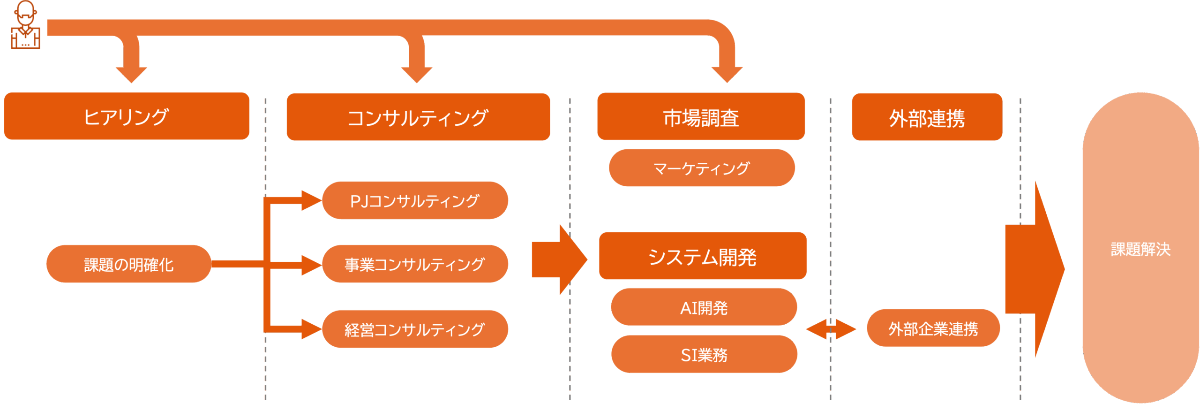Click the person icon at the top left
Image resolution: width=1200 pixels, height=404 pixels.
coord(25,25)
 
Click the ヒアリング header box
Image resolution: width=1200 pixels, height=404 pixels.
coord(127,116)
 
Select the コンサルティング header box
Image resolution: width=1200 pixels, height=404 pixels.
coord(418,117)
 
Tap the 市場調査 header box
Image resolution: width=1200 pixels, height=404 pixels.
coord(701,117)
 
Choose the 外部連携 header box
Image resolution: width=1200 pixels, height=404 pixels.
coord(927,117)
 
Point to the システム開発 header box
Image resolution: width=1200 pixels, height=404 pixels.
coord(702,256)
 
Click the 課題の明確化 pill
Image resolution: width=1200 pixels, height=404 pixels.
coord(128,264)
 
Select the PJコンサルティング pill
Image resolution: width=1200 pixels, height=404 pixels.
coord(415,201)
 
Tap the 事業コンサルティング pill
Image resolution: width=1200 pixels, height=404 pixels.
coord(415,264)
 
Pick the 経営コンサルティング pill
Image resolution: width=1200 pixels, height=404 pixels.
coord(415,329)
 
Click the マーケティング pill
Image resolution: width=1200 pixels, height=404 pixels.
coord(701,168)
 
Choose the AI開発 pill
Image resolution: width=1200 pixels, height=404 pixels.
coord(704,307)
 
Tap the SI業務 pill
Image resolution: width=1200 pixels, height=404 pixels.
coord(704,354)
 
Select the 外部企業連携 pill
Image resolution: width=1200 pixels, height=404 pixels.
coord(933,328)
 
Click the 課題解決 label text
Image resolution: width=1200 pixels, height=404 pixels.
coord(1140,249)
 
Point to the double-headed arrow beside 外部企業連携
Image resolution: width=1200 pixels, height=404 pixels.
coord(831,329)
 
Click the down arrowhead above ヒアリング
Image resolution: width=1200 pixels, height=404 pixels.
coord(131,74)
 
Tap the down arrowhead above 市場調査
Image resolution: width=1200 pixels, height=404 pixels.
coord(727,74)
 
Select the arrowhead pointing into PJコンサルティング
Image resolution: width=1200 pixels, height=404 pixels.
coord(310,201)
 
